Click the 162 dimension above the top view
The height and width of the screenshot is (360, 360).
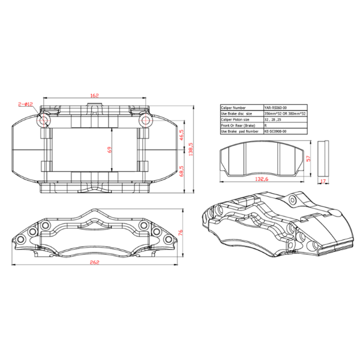point(94,95)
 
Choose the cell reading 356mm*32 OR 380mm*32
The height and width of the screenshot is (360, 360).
point(284,113)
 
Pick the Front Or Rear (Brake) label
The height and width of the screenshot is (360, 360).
point(239,125)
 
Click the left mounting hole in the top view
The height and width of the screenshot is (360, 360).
point(44,121)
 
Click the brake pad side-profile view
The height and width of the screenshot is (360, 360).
point(323,157)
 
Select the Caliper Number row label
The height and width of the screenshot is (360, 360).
point(234,107)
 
